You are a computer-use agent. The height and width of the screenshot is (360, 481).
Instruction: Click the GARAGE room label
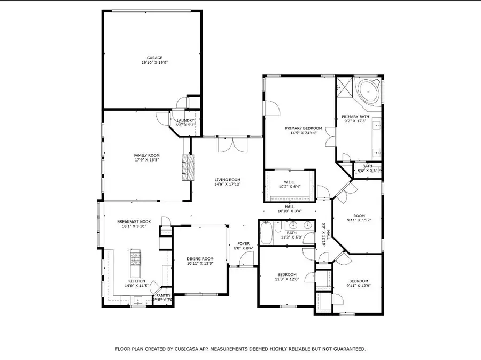click(155, 58)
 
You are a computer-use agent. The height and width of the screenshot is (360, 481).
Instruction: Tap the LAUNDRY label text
click(185, 120)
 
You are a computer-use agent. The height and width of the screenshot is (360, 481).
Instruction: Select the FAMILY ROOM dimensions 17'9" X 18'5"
click(146, 159)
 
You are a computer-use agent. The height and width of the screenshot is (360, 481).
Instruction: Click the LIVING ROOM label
click(228, 180)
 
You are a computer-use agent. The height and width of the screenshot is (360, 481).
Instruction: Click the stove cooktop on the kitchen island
click(135, 259)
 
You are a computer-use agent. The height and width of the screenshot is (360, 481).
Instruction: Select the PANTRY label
click(163, 295)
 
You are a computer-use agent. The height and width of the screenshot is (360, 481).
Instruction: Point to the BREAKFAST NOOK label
click(131, 221)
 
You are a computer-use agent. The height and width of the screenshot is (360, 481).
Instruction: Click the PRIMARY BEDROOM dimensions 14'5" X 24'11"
click(303, 133)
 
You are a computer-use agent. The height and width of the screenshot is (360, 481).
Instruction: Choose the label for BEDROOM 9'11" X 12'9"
click(359, 281)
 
